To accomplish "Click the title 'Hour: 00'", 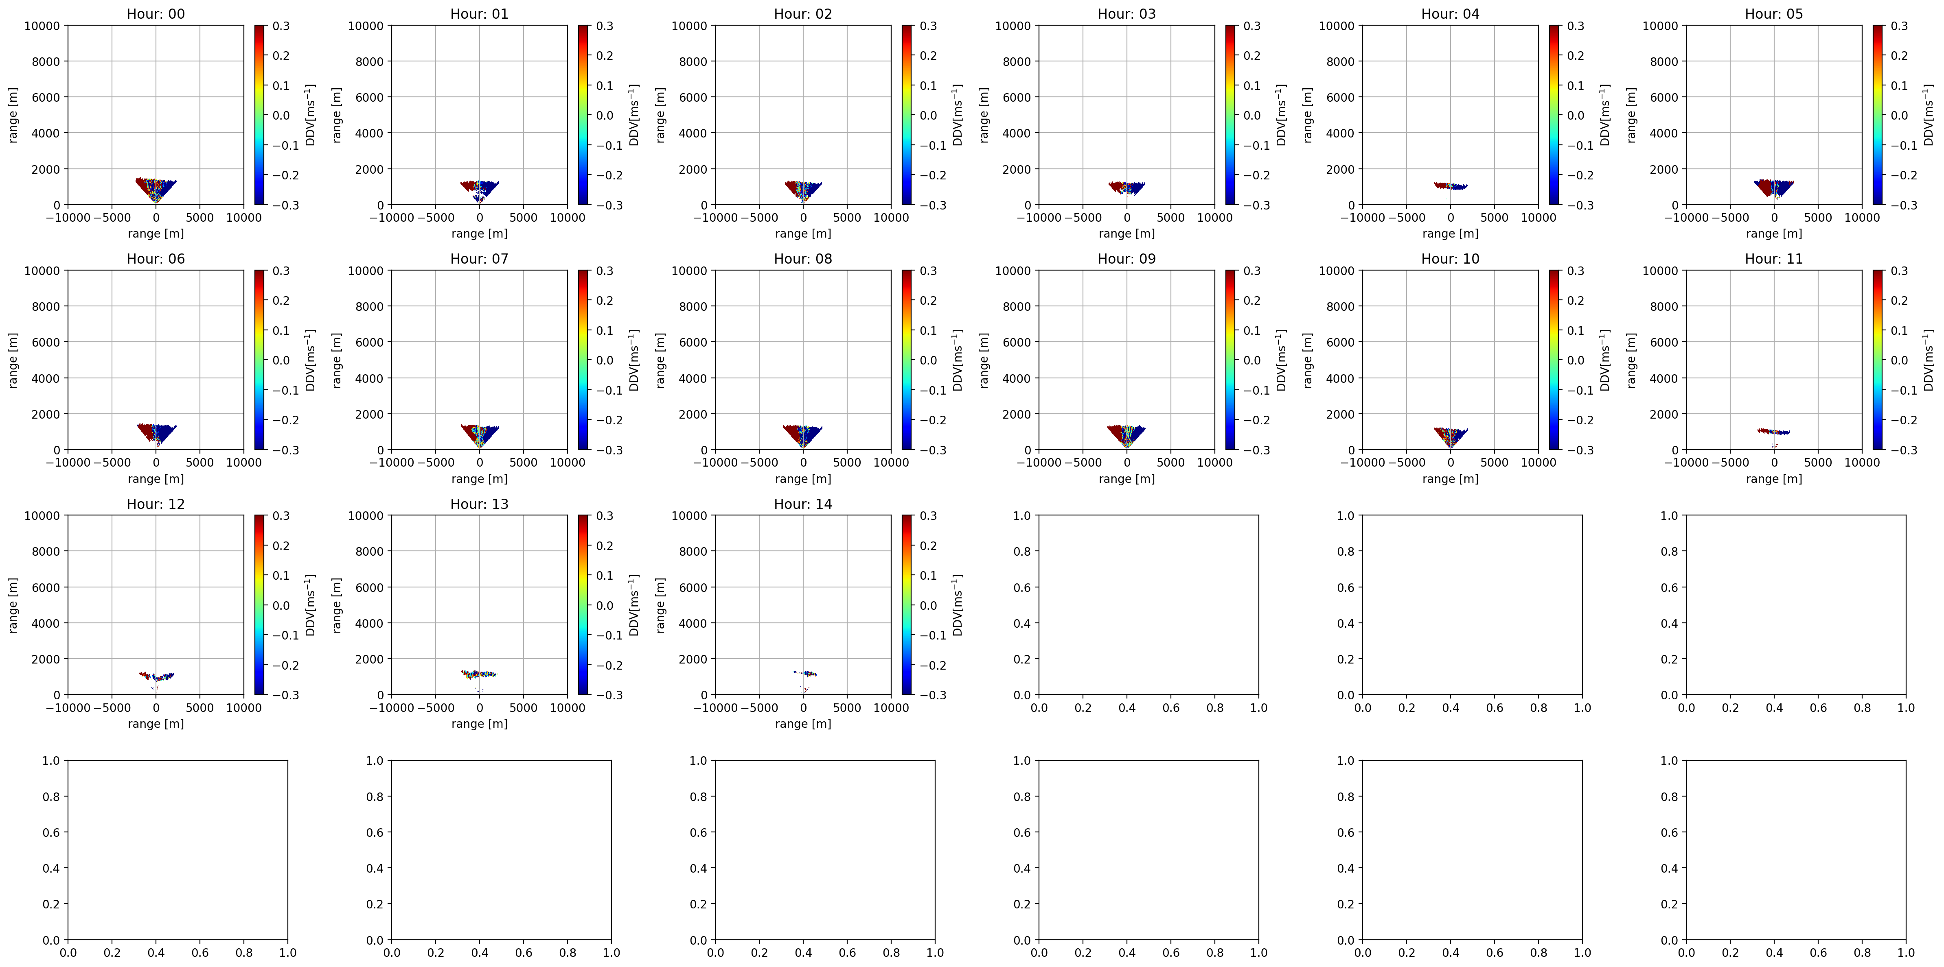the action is click(x=156, y=13).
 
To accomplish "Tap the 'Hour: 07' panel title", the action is click(x=479, y=259).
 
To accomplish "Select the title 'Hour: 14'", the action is click(x=803, y=504).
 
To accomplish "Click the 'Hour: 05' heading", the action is click(x=1773, y=13).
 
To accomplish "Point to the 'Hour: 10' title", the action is click(x=1450, y=259).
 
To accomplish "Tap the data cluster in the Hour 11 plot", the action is click(x=1773, y=432).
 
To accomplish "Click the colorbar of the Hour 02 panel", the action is click(x=906, y=115).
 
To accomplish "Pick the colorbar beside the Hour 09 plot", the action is click(x=1230, y=360).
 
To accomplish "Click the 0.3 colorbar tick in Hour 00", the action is click(x=281, y=26).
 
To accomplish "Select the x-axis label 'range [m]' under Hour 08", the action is click(x=803, y=478).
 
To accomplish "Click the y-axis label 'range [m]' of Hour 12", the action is click(x=13, y=605).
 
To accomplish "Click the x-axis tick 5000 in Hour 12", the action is click(x=200, y=707).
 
